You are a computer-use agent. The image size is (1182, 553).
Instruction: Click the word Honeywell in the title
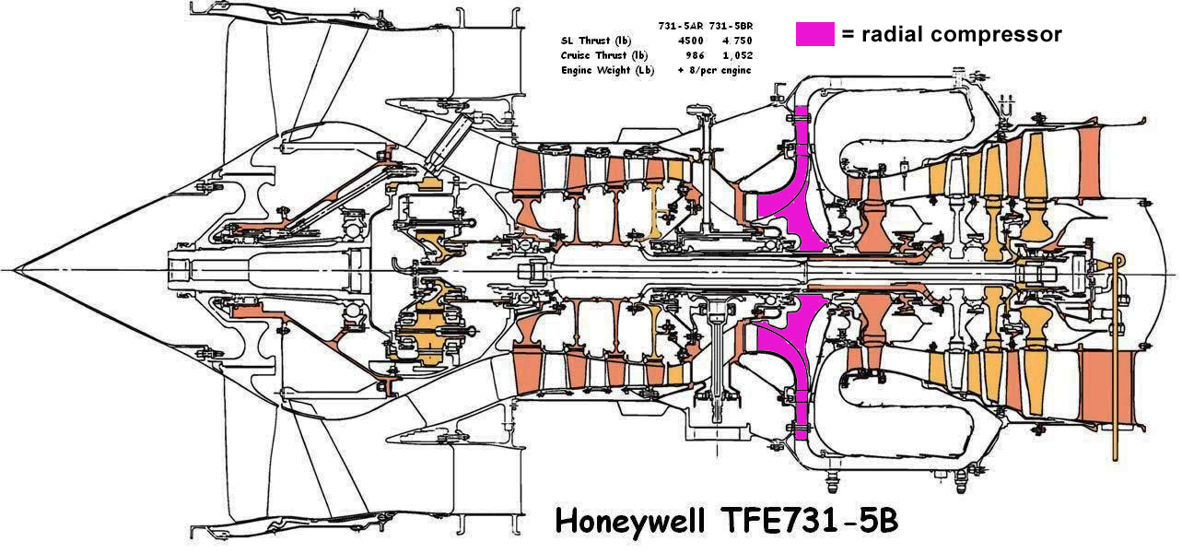(630, 523)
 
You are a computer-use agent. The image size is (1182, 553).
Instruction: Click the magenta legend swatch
(814, 34)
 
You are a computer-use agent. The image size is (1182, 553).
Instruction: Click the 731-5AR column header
(680, 26)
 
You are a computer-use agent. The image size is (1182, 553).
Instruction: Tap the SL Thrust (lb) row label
(596, 41)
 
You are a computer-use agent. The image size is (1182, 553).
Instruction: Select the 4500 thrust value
(690, 41)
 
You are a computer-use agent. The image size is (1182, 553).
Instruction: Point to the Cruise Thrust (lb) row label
(604, 55)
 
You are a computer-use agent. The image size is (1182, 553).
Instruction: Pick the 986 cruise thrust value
(695, 55)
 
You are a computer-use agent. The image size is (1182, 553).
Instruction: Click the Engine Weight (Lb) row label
(607, 70)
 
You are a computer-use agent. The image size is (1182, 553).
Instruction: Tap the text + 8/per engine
(715, 70)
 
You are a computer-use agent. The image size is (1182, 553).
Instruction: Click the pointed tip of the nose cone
(16, 270)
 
